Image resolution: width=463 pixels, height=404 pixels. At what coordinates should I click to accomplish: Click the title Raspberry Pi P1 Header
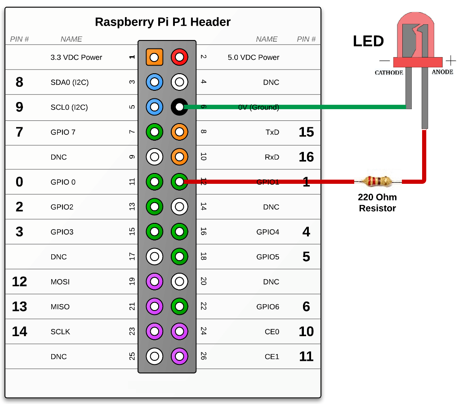pyautogui.click(x=163, y=22)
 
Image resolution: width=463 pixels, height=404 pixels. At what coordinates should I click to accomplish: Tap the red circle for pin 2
pyautogui.click(x=179, y=58)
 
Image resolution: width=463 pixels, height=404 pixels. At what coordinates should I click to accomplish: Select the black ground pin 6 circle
pyautogui.click(x=179, y=107)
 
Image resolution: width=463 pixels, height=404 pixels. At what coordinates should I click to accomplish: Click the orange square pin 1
pyautogui.click(x=154, y=58)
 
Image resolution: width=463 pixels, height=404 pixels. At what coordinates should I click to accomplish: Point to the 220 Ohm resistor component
pyautogui.click(x=377, y=182)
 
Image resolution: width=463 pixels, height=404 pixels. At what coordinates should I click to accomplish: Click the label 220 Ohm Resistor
pyautogui.click(x=377, y=202)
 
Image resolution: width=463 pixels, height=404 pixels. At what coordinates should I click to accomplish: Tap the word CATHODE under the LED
pyautogui.click(x=389, y=73)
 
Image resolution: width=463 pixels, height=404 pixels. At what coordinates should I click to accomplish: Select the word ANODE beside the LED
pyautogui.click(x=442, y=72)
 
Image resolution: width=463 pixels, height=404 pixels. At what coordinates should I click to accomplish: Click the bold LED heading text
pyautogui.click(x=368, y=41)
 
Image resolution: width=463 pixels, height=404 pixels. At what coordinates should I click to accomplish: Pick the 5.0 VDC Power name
pyautogui.click(x=254, y=58)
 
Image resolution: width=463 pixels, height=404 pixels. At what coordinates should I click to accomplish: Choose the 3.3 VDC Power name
pyautogui.click(x=76, y=58)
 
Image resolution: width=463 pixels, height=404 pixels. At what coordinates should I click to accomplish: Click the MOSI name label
pyautogui.click(x=60, y=282)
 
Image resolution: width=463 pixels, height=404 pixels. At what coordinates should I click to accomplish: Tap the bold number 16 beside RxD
pyautogui.click(x=306, y=157)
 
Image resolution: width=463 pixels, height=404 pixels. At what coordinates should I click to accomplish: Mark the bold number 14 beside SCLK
pyautogui.click(x=19, y=332)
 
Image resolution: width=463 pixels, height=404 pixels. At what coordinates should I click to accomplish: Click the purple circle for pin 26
pyautogui.click(x=179, y=356)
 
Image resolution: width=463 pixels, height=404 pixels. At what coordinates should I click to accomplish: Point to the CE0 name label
pyautogui.click(x=272, y=332)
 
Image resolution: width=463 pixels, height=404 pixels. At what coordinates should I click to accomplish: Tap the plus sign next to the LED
pyautogui.click(x=450, y=61)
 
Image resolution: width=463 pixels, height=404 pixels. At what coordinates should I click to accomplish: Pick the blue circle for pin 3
pyautogui.click(x=154, y=82)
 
